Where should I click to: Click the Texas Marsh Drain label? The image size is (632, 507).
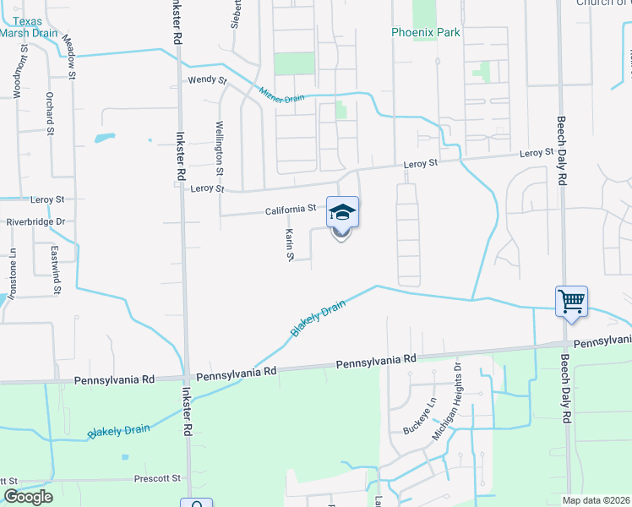click(29, 28)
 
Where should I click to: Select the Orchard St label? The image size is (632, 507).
click(51, 112)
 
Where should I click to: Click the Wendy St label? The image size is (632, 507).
click(208, 80)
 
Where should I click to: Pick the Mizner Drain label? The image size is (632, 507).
click(281, 94)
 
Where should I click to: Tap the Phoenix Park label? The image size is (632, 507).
click(425, 33)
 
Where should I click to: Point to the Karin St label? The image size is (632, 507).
click(289, 243)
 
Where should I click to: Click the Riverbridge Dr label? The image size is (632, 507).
click(35, 221)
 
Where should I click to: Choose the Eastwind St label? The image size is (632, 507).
click(57, 272)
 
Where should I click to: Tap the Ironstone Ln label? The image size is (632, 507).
click(13, 270)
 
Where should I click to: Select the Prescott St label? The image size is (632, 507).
click(157, 478)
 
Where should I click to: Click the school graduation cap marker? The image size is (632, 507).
click(342, 212)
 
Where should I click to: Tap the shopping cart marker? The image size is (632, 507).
click(571, 301)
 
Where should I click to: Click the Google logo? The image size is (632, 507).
click(27, 498)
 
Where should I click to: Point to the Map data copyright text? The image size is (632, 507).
click(597, 500)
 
